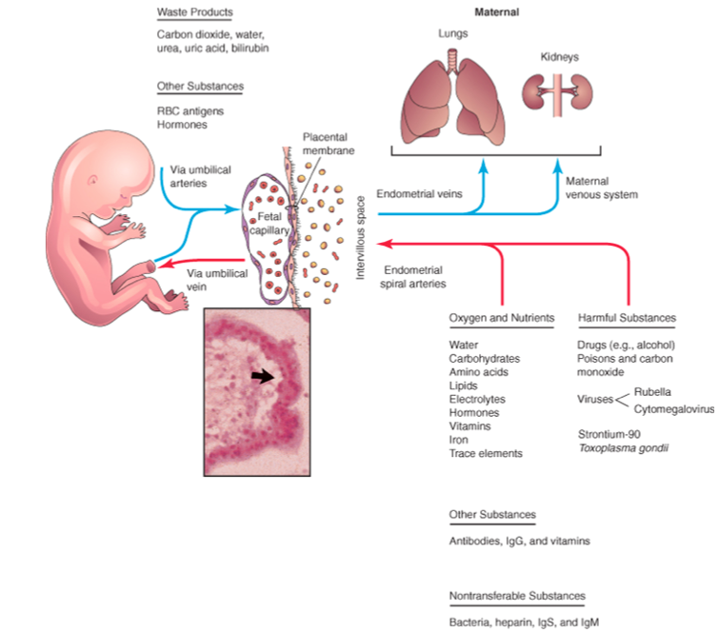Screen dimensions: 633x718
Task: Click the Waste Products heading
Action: [194, 12]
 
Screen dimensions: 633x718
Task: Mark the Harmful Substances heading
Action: [627, 318]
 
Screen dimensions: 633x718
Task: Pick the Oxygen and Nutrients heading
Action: [502, 318]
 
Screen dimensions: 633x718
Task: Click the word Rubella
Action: [653, 391]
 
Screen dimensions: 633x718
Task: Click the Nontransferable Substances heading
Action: [517, 597]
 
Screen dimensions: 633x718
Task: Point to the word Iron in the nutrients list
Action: [459, 441]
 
